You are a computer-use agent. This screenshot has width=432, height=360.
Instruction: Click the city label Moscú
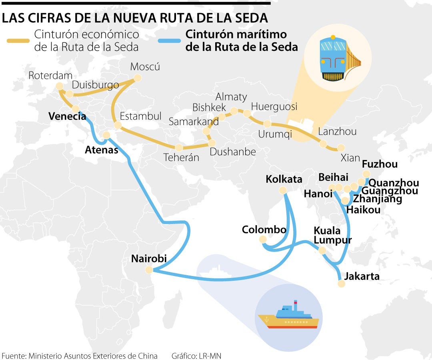[x=145, y=66]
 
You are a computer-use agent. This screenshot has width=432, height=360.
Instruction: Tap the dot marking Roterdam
[x=60, y=86]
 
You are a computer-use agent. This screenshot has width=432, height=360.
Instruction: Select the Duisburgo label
[x=96, y=85]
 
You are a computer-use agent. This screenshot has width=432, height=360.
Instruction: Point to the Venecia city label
[x=67, y=116]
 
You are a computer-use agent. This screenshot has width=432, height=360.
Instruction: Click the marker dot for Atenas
[x=106, y=135]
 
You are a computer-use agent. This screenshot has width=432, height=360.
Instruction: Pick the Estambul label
[x=141, y=116]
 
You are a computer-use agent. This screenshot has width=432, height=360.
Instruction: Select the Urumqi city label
[x=275, y=134]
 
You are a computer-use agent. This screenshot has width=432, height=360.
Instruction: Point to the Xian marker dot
[x=341, y=148]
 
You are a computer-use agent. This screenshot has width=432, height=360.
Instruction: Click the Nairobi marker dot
[x=149, y=270]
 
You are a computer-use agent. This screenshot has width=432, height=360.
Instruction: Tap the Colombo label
[x=264, y=230]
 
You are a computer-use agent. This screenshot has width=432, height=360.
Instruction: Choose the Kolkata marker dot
[x=282, y=191]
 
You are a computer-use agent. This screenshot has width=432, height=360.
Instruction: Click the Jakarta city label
[x=362, y=276]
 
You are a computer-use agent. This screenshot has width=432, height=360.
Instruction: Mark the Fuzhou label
[x=380, y=164]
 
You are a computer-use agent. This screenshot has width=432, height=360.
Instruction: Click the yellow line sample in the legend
[x=18, y=41]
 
